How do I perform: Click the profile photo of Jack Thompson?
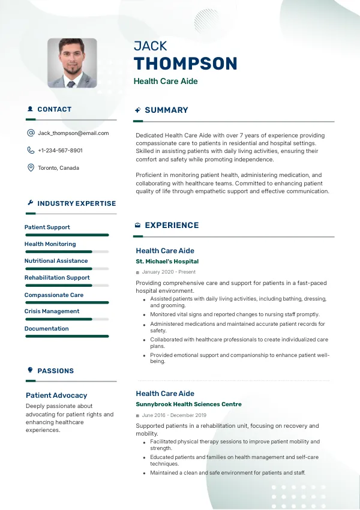click(72, 63)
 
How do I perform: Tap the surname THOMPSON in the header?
click(185, 64)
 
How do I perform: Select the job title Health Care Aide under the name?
click(166, 82)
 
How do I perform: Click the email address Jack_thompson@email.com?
click(73, 133)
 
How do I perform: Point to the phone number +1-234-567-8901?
click(60, 151)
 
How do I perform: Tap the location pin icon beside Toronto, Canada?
click(31, 168)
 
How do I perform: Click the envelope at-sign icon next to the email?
click(31, 133)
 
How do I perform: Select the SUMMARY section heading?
click(166, 110)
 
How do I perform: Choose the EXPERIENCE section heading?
click(172, 226)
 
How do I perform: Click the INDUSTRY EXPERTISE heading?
click(76, 203)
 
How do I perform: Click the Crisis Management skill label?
click(52, 311)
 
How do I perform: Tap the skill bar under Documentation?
click(67, 336)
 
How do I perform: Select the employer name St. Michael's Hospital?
click(167, 262)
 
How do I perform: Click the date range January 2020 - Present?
click(169, 272)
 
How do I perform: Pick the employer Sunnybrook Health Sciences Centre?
click(188, 404)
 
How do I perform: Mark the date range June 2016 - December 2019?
click(174, 415)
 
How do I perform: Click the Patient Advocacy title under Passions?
click(56, 395)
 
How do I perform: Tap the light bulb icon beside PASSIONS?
click(30, 371)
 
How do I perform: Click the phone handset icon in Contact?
click(31, 151)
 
